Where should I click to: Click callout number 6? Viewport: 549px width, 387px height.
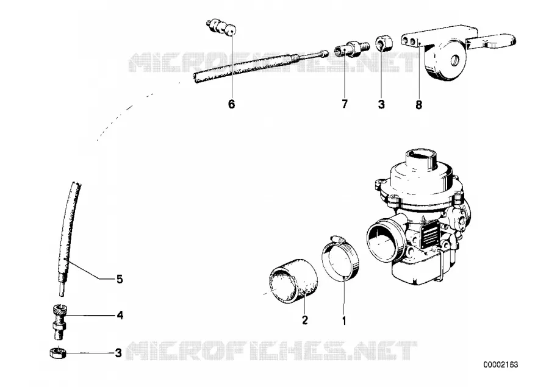coord(231,104)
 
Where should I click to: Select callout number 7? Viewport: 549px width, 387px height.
coord(345,104)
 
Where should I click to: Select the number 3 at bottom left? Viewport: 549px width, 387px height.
coord(119,353)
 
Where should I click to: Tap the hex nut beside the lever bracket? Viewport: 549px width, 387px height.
coord(384,43)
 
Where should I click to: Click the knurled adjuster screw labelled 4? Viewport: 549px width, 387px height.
coord(60,322)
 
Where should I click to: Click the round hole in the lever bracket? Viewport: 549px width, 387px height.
coord(455,60)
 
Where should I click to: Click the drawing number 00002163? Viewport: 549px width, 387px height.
coord(501,364)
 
